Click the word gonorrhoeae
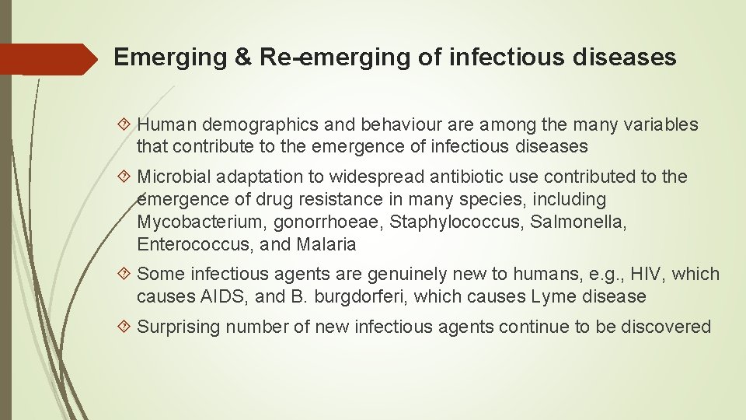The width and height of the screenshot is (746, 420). [327, 222]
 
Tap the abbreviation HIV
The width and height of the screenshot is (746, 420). [642, 274]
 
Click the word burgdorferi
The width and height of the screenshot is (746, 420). [357, 296]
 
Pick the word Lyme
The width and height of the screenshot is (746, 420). [551, 296]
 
